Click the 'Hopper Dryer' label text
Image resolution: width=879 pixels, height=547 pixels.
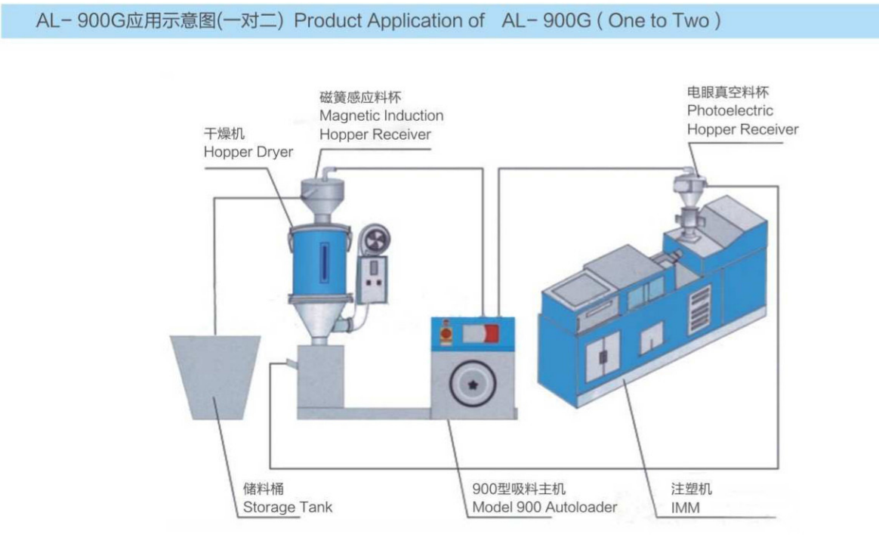pos(248,152)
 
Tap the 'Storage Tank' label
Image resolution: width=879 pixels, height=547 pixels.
pos(288,507)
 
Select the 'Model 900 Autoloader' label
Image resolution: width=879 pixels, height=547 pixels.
pos(544,507)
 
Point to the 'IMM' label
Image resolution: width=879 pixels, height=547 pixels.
pos(685,508)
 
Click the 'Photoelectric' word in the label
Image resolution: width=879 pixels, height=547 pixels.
pos(730,110)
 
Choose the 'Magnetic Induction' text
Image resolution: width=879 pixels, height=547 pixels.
pos(381,116)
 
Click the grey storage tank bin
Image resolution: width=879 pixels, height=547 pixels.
pos(215,377)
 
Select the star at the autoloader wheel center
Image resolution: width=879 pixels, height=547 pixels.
pos(473,385)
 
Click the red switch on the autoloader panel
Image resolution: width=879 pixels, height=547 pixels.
pos(491,334)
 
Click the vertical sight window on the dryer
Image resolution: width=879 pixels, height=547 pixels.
pos(324,263)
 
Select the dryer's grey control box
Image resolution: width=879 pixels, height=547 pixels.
pos(372,280)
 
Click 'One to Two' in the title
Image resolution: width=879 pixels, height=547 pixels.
pos(658,20)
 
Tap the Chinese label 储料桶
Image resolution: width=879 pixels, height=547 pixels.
pos(263,489)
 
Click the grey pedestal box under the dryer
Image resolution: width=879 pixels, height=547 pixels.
pos(321,377)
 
